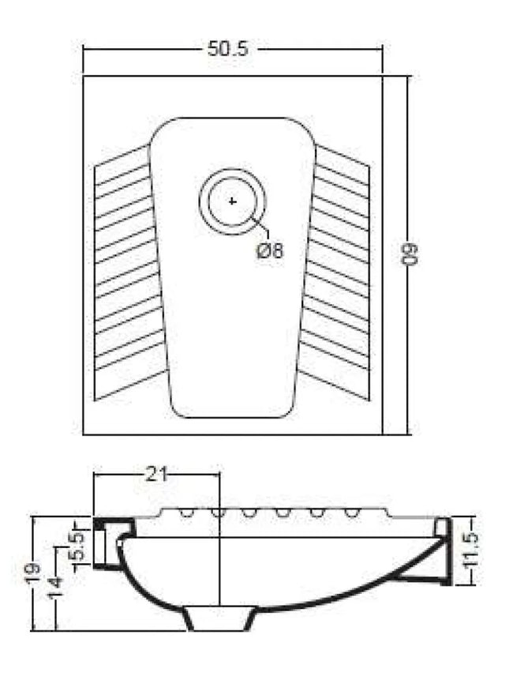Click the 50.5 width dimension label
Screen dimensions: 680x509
(x=228, y=49)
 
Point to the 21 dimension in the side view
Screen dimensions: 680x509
(x=155, y=474)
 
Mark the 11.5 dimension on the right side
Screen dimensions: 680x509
(x=471, y=550)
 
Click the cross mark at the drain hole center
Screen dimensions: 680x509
(x=232, y=201)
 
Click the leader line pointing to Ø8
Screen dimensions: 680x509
(x=261, y=228)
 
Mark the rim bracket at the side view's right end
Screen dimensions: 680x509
(x=442, y=553)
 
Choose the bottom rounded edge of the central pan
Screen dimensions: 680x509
(x=233, y=416)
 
